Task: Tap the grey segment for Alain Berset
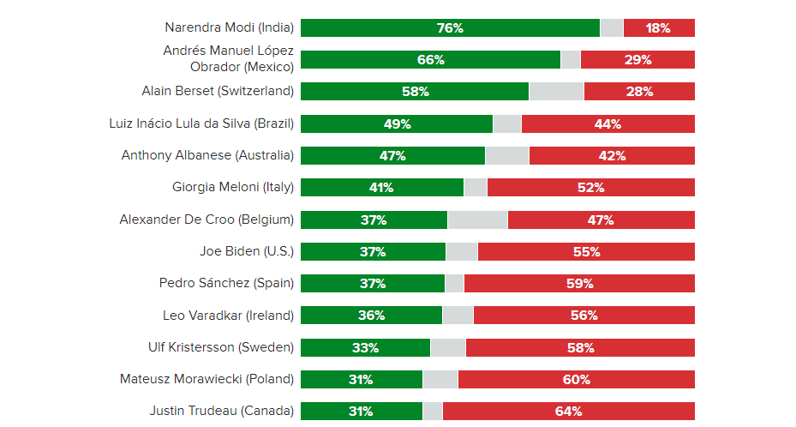click(556, 92)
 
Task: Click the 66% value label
click(431, 60)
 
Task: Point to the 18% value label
click(658, 28)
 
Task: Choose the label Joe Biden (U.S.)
click(247, 251)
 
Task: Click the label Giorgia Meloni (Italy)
click(233, 187)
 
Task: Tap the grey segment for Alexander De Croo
click(477, 220)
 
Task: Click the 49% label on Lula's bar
click(398, 123)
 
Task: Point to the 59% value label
click(580, 283)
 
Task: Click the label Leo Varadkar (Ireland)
click(228, 315)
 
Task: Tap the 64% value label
click(569, 412)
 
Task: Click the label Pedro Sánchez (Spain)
click(226, 283)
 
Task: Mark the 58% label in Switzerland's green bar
click(415, 92)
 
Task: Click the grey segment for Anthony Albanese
click(506, 155)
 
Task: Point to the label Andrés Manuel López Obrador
click(229, 58)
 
